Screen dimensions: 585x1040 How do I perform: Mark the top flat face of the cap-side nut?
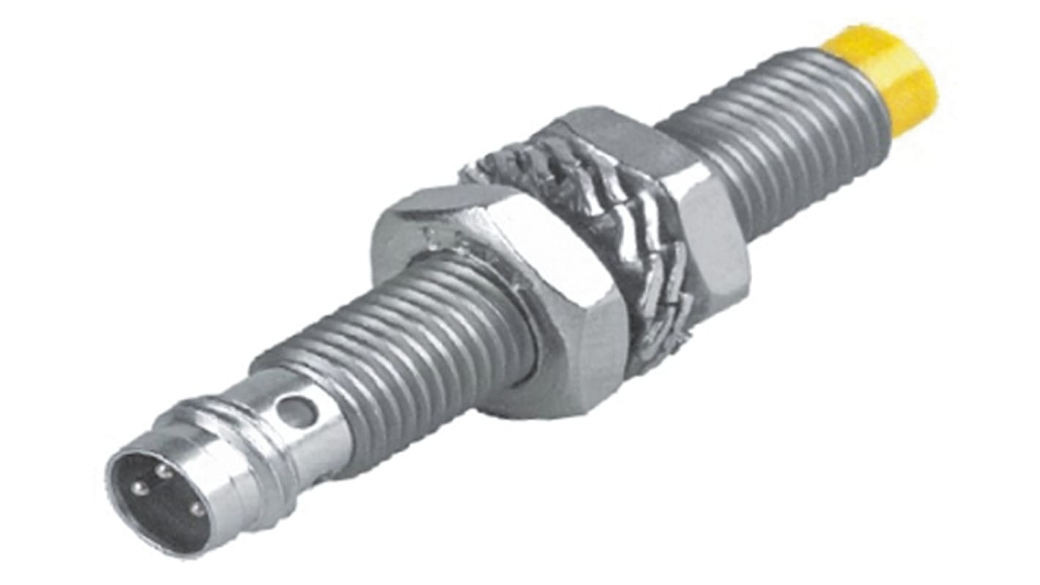pos(615,132)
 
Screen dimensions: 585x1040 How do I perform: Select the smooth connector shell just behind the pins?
pos(220,484)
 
